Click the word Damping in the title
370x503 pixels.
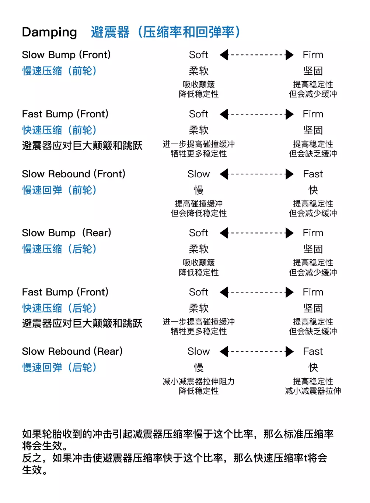coord(49,32)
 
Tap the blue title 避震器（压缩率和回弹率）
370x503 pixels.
coord(165,32)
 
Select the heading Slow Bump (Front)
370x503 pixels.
coord(66,55)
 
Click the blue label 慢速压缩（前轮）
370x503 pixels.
coord(59,71)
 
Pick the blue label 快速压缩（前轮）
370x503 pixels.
coord(59,130)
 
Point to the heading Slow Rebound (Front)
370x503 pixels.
coord(74,174)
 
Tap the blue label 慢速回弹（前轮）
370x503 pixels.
coord(59,190)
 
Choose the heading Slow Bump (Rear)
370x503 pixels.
coord(66,233)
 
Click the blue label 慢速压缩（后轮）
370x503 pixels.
coord(59,249)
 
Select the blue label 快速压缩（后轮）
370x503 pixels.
coord(59,308)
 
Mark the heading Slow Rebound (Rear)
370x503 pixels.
coord(72,351)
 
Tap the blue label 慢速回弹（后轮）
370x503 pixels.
coord(59,368)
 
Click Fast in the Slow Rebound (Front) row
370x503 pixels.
coord(313,174)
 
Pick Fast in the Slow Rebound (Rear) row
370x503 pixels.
coord(313,351)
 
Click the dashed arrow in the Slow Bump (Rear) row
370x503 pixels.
coord(256,233)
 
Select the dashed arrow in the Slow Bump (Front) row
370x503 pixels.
coord(256,55)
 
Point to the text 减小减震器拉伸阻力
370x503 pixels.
coord(199,381)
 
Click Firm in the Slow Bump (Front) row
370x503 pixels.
coord(313,55)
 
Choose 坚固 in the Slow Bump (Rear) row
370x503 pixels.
coord(313,249)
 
